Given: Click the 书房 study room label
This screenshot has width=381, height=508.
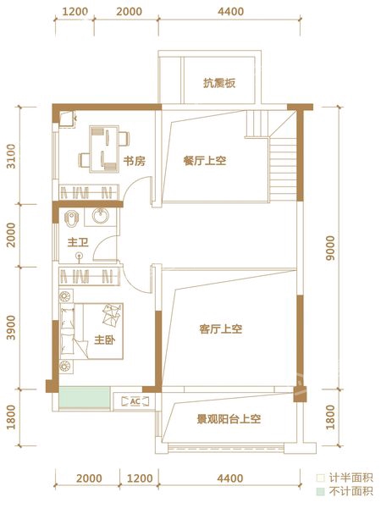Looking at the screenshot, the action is [134, 161].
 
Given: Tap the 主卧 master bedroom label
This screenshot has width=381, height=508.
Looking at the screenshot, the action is [105, 340].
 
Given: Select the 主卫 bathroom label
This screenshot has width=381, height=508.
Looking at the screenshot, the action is [78, 242].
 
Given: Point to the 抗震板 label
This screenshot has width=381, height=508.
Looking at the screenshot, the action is [219, 83].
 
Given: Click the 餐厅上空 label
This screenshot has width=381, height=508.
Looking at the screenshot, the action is [205, 161].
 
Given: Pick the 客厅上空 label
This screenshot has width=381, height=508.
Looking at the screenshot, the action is [221, 329].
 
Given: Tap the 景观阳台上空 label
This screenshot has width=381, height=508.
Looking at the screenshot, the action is [229, 420].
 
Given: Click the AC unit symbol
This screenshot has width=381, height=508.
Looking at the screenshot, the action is [135, 401].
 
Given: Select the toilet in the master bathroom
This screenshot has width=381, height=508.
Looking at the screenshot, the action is [70, 218].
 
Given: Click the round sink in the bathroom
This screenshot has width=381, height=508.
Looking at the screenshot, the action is [100, 216].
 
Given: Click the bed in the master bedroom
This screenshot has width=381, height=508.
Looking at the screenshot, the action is [91, 331].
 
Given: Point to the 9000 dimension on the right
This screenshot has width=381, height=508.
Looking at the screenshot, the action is [330, 248].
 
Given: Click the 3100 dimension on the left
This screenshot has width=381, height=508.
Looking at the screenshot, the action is [11, 156].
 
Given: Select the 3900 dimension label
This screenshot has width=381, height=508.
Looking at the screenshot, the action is [11, 328].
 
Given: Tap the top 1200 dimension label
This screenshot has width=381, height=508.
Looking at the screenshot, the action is [75, 12].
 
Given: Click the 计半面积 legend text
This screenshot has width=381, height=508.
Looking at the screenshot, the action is [351, 478].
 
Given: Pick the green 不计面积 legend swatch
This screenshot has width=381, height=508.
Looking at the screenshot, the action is [320, 491].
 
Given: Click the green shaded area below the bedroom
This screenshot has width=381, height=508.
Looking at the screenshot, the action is [85, 397].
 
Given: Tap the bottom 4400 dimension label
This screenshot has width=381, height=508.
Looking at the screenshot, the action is [230, 478].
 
